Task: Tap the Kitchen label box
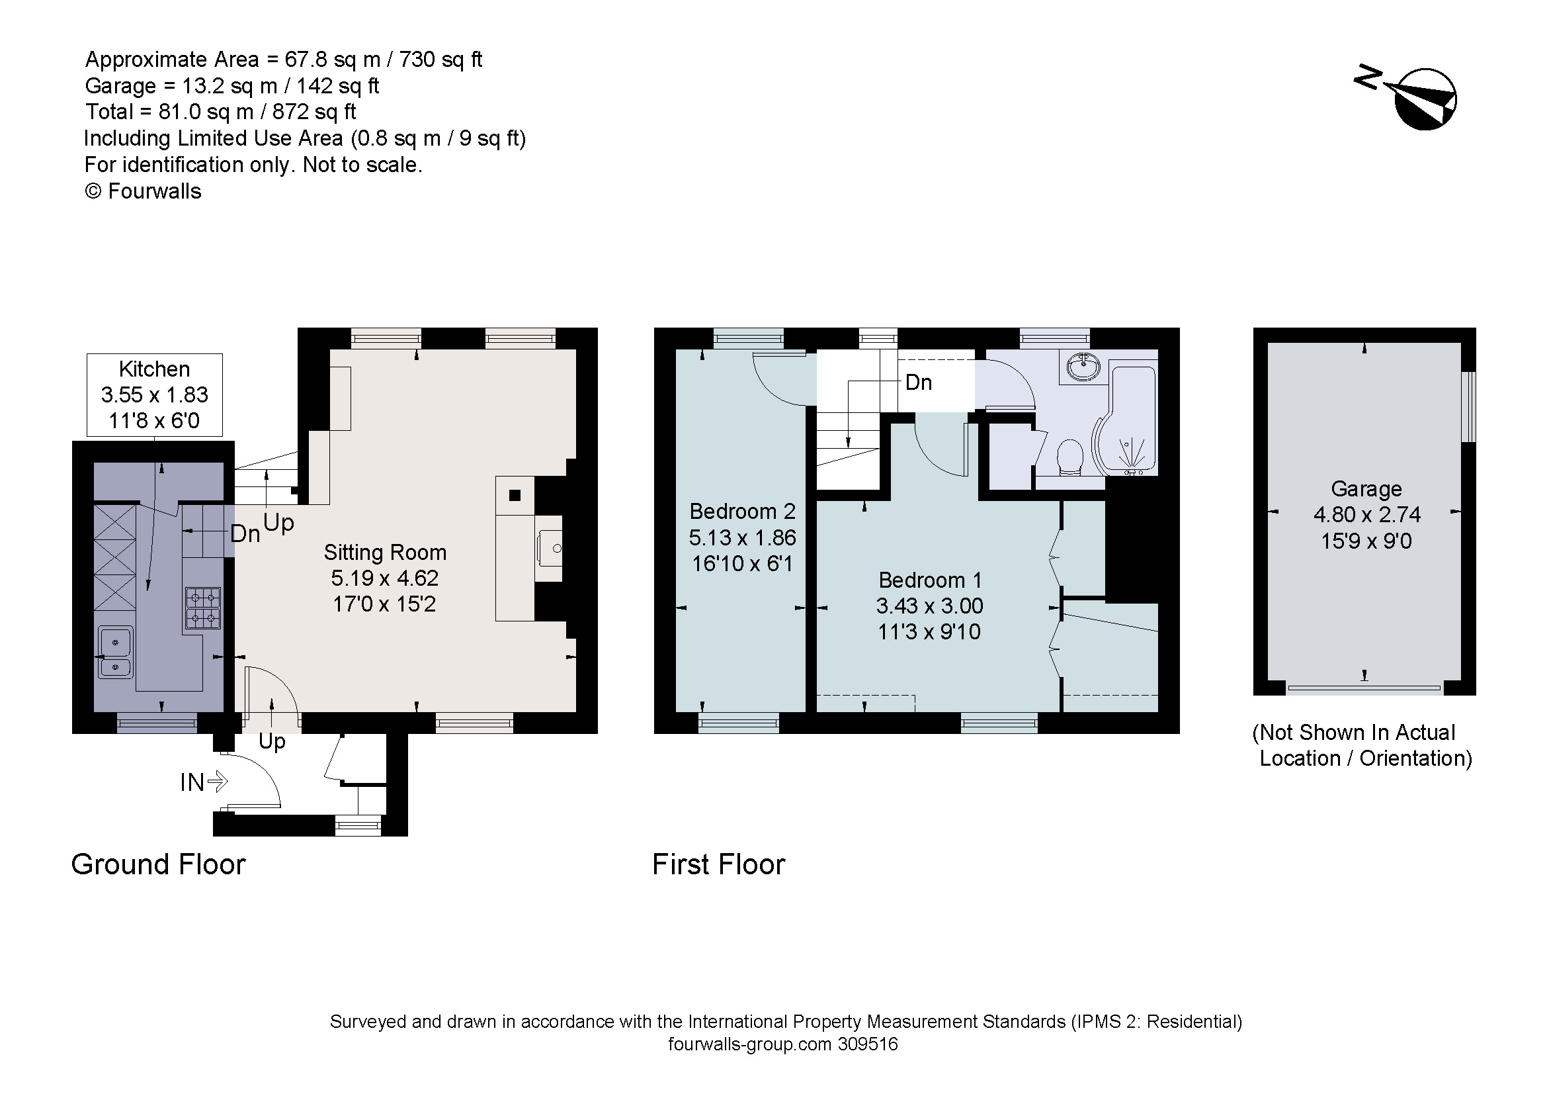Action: pos(154,394)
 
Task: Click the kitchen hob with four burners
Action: pos(203,608)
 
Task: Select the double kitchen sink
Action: pos(116,652)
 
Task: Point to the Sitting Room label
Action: pos(385,553)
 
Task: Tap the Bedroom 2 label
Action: pos(742,512)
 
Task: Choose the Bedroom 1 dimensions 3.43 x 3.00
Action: pos(929,606)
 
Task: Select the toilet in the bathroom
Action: pos(1069,457)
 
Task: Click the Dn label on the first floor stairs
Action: pos(919,383)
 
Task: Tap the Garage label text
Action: pos(1366,488)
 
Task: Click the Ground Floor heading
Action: pos(158,865)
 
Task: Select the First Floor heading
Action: pos(718,865)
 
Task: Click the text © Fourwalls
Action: pos(143,191)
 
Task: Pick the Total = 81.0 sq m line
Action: pos(220,112)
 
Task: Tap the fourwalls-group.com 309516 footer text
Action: pos(782,1045)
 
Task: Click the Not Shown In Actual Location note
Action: pos(1361,745)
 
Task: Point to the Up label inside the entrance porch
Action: pos(272,741)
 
